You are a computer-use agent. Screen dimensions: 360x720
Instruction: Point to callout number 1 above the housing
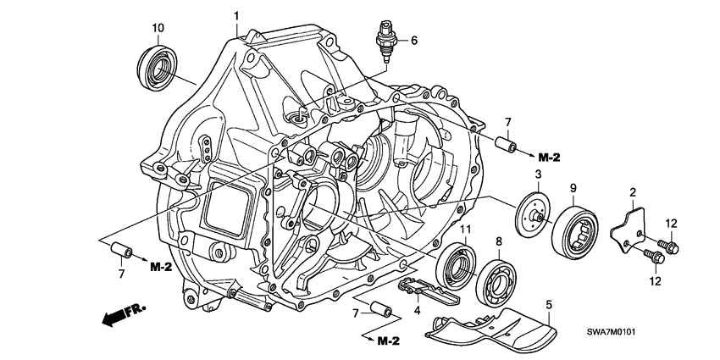[236, 15]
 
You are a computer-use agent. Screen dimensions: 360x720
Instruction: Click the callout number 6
[414, 40]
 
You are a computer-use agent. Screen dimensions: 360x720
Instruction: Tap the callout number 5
[548, 302]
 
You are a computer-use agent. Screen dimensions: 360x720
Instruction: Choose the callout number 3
[537, 174]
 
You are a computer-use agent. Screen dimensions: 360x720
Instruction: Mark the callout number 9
[573, 187]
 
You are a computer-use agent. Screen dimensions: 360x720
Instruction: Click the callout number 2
[632, 193]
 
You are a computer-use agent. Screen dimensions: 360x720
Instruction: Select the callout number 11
[465, 230]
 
